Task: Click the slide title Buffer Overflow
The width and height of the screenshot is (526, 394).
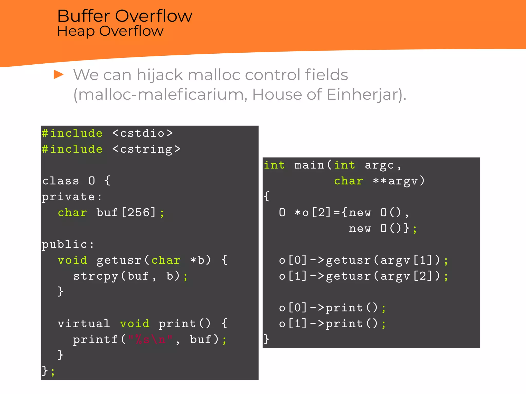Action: point(125,16)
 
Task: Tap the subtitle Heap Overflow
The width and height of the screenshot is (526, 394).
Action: point(110,31)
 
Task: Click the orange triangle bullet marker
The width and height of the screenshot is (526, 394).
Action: point(59,75)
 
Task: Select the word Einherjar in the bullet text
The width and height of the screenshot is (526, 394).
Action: point(362,94)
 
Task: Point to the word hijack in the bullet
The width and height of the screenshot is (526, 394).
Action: point(159,75)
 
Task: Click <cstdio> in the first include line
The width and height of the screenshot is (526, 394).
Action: point(143,133)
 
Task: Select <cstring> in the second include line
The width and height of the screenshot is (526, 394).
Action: point(146,149)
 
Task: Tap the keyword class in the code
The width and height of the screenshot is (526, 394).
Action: point(61,181)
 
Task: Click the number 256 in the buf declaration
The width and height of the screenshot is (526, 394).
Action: point(138,213)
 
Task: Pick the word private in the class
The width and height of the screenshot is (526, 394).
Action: point(68,197)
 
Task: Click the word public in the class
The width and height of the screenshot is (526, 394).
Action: point(64,244)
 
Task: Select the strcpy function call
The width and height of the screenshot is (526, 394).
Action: point(95,276)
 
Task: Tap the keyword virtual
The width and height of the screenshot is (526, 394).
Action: point(84,324)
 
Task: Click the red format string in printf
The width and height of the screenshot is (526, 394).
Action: point(150,340)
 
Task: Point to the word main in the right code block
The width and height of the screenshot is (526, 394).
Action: point(309,165)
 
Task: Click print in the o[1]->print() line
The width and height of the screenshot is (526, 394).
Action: point(344,324)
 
